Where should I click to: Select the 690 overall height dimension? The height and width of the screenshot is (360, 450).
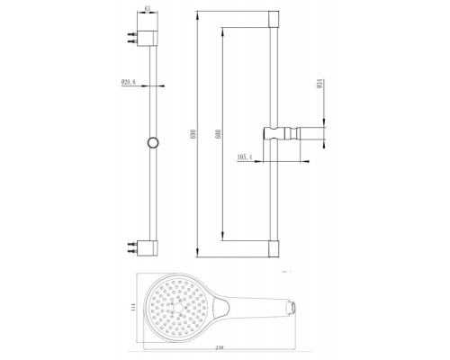click(192, 133)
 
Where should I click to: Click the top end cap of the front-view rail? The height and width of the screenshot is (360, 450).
click(274, 19)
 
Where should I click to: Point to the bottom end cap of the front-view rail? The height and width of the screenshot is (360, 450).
click(274, 247)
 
